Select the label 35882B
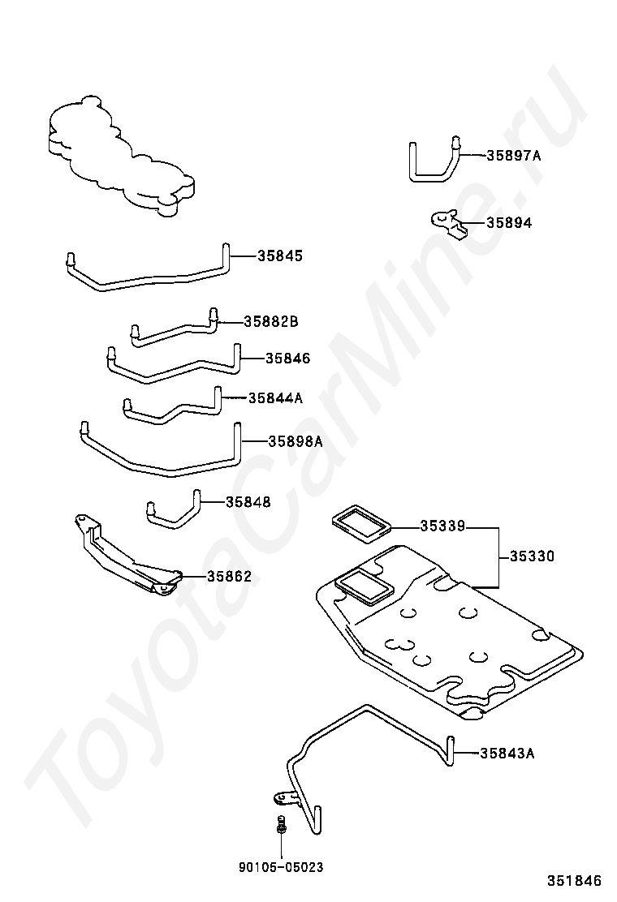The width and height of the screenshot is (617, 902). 271,322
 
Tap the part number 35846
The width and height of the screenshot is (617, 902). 287,358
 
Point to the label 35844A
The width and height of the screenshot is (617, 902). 275,397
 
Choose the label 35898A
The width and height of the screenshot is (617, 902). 296,441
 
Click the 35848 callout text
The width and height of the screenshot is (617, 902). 248,502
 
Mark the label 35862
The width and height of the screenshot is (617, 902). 229,577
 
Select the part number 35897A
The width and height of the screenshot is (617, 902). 513,155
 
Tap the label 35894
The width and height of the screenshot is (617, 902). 509,222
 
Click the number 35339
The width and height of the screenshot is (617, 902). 442,526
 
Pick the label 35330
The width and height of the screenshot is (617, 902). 532,556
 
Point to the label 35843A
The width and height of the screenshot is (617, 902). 507,754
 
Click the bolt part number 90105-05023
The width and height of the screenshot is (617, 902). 281,867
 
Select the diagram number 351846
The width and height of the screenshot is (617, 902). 573,880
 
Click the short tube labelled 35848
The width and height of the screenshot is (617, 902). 173,511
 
